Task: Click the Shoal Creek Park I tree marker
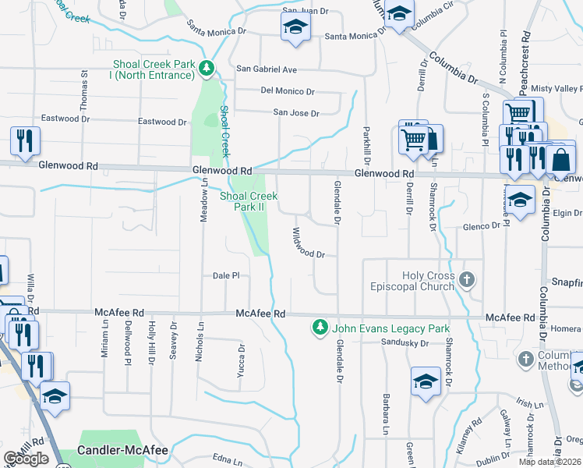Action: [207, 69]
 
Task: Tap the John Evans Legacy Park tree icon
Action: [319, 328]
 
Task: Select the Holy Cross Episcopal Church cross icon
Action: [466, 279]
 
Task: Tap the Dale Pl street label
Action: [225, 275]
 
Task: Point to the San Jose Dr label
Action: [296, 113]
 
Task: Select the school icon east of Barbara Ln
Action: [426, 381]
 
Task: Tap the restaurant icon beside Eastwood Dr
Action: [25, 140]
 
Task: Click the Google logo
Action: [26, 459]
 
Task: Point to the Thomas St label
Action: [83, 94]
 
